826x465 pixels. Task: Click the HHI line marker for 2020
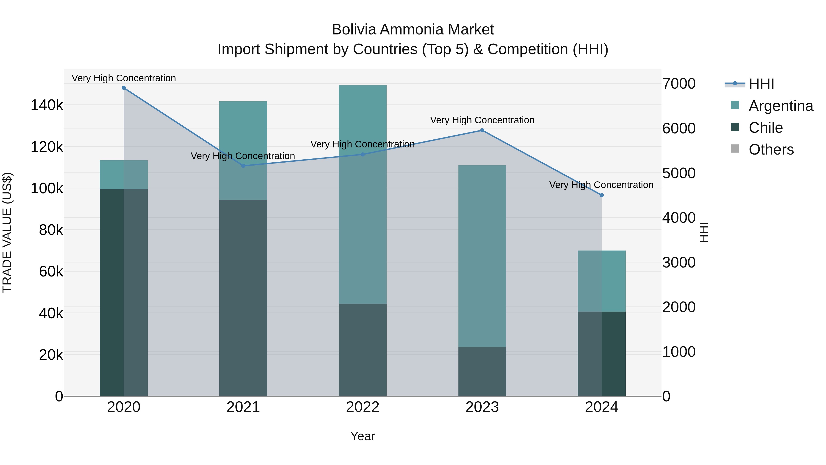tap(124, 88)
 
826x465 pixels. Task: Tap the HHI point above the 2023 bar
tap(482, 130)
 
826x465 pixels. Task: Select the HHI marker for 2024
tap(602, 195)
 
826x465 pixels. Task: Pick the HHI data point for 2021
tap(243, 166)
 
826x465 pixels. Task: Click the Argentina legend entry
tap(781, 106)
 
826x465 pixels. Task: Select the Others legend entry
tap(771, 149)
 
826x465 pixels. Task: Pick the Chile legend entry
tap(765, 128)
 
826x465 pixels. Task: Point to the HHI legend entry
tap(761, 84)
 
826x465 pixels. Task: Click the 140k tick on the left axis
tap(47, 105)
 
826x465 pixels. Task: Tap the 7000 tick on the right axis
tap(679, 84)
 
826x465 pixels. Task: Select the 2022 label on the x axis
tap(363, 407)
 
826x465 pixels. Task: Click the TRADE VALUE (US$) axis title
tap(7, 232)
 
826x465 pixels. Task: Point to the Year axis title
tap(363, 436)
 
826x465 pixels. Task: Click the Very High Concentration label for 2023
tap(482, 120)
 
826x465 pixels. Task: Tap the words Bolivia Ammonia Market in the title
tap(413, 30)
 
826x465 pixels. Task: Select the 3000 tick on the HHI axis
tap(679, 262)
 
